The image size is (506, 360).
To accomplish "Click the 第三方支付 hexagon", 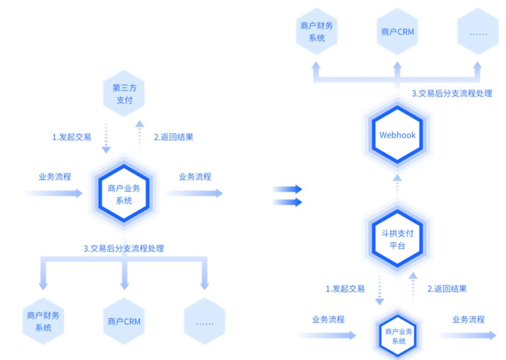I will click(x=124, y=94).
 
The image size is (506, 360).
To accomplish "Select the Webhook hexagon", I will click(x=398, y=135).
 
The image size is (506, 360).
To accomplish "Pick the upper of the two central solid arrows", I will click(x=288, y=188).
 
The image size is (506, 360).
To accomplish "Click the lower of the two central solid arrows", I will click(x=288, y=201).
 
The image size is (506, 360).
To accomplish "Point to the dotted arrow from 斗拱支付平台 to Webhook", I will click(x=398, y=186).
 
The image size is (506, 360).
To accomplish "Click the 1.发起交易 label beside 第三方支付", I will click(x=72, y=137).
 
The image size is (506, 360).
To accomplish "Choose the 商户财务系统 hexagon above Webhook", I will click(x=317, y=32).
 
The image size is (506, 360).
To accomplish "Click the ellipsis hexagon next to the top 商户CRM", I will click(x=478, y=33).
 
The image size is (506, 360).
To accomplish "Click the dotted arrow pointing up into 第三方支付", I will click(x=140, y=133).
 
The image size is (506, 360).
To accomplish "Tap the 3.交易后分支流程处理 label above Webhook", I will click(x=452, y=93).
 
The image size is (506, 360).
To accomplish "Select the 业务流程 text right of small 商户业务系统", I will click(x=468, y=319).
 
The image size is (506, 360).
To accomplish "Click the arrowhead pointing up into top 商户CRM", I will click(x=398, y=66).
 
